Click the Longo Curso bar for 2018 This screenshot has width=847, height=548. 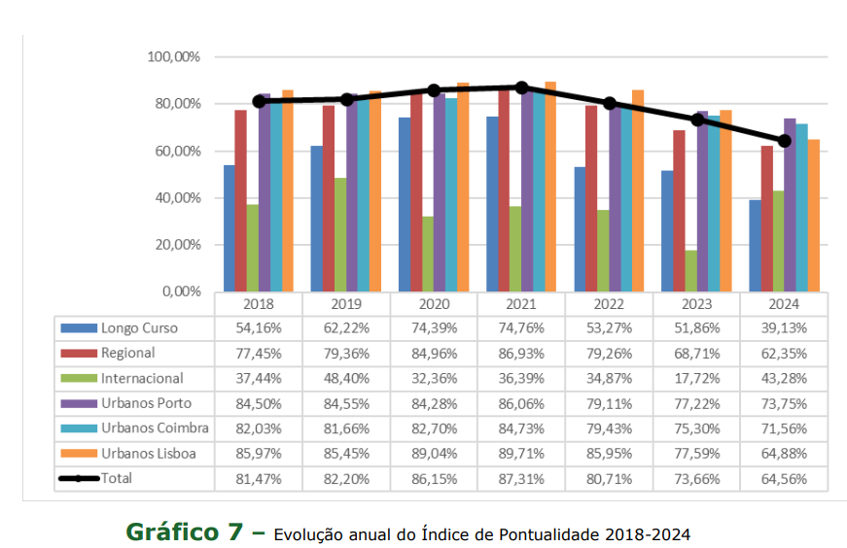tap(229, 228)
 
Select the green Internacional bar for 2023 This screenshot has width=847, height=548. tap(691, 271)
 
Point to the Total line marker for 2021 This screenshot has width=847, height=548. tap(522, 87)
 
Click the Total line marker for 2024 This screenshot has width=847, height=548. tap(785, 141)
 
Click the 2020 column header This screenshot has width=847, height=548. tap(435, 302)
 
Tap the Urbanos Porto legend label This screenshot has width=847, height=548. tap(146, 402)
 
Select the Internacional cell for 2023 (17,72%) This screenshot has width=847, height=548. tap(696, 378)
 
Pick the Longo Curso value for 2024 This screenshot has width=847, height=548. tap(784, 327)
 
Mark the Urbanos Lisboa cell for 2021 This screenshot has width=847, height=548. tap(521, 453)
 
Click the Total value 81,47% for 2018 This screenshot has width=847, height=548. tap(259, 478)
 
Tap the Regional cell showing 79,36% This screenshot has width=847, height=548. tap(346, 353)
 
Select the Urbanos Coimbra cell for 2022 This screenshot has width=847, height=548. tap(609, 428)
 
